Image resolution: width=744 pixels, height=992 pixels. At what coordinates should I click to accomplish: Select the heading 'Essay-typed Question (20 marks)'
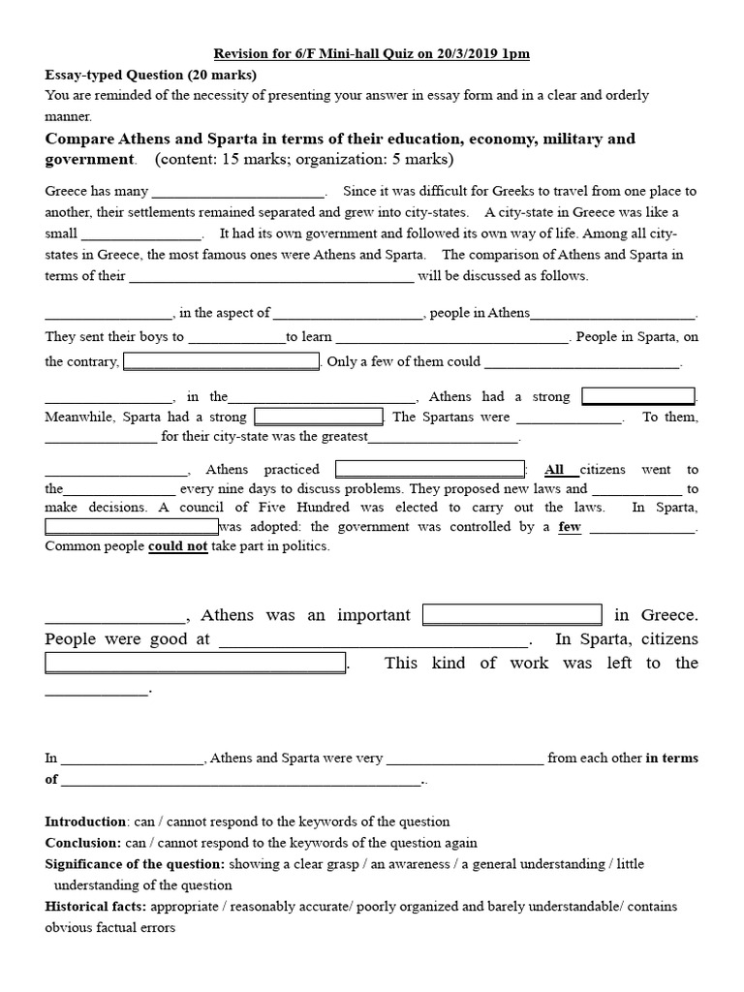coord(150,75)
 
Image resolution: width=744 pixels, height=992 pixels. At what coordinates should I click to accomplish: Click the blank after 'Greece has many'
coord(239,192)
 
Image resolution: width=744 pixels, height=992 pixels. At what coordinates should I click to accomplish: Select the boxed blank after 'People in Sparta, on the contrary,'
coord(221,361)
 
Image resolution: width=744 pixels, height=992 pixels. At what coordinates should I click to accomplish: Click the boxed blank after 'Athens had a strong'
coord(638,396)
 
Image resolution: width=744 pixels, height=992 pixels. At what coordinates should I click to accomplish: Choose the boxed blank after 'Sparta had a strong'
coord(319,417)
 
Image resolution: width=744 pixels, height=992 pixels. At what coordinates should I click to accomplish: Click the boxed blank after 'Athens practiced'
coord(429,469)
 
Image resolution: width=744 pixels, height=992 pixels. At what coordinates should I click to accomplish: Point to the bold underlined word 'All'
coord(554,470)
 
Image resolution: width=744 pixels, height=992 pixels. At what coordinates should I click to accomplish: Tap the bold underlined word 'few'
coord(570,527)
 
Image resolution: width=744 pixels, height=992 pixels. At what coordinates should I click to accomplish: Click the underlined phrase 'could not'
coord(177,546)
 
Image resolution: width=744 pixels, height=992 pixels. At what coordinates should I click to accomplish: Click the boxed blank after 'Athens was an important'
coord(512,615)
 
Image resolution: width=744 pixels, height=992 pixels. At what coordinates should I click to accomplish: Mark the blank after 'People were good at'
coord(375,640)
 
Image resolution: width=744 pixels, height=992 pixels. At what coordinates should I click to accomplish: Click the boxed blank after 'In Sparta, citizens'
coord(196,664)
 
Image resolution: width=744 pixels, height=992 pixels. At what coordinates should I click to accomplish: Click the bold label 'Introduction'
coord(86,821)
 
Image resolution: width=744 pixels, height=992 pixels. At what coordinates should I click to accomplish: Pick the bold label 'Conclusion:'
coord(83,843)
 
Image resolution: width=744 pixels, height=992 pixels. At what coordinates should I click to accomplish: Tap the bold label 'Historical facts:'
coord(99,907)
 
